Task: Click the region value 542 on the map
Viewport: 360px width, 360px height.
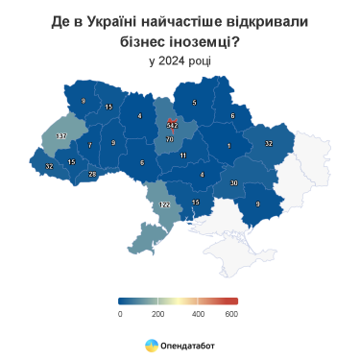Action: coord(173,126)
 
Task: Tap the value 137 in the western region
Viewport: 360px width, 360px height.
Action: coord(61,137)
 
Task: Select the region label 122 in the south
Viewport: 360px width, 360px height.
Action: coord(164,205)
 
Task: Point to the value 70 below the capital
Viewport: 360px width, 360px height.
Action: coord(170,140)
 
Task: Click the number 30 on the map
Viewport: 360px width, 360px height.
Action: coord(234,182)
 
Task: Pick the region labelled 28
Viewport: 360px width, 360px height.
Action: coord(92,174)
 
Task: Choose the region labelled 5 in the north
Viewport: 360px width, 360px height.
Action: coord(194,102)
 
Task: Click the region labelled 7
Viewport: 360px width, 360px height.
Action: coord(90,146)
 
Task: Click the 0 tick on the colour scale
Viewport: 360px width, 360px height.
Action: coord(120,314)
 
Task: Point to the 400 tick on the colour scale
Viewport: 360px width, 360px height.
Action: coord(198,314)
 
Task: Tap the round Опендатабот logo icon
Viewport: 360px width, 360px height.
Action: coord(152,343)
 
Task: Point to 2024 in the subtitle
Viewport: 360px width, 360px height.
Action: coord(167,60)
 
